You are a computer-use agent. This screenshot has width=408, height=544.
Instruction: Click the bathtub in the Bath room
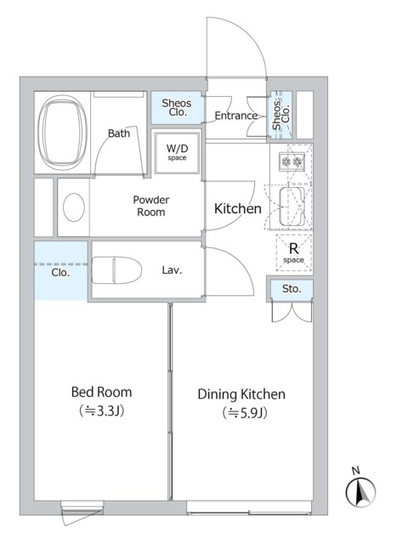pyautogui.click(x=62, y=132)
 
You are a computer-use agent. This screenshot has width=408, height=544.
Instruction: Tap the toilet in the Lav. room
pyautogui.click(x=116, y=270)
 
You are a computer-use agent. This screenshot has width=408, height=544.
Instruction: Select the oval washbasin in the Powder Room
pyautogui.click(x=74, y=207)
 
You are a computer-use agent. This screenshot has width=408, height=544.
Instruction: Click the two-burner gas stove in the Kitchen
pyautogui.click(x=292, y=161)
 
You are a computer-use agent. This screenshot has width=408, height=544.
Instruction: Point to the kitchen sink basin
pyautogui.click(x=292, y=207)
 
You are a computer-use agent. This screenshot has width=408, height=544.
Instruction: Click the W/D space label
pyautogui.click(x=177, y=152)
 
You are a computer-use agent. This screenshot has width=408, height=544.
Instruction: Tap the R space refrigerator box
pyautogui.click(x=293, y=253)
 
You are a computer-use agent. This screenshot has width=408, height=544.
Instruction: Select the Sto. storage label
pyautogui.click(x=292, y=289)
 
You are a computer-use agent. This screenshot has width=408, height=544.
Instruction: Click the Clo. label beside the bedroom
pyautogui.click(x=60, y=273)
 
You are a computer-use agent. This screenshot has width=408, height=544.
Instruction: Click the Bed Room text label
pyautogui.click(x=102, y=393)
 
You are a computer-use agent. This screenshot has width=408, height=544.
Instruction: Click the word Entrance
pyautogui.click(x=236, y=116)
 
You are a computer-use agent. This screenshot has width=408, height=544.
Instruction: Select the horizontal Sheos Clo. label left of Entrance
pyautogui.click(x=177, y=108)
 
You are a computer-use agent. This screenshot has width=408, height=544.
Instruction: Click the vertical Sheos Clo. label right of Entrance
pyautogui.click(x=281, y=115)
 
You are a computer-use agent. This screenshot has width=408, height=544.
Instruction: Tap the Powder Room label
pyautogui.click(x=151, y=206)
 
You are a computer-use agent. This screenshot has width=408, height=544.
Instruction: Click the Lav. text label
pyautogui.click(x=172, y=270)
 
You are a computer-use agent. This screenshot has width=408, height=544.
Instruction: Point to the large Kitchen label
pyautogui.click(x=238, y=208)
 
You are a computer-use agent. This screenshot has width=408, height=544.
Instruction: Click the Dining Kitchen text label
pyautogui.click(x=241, y=394)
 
